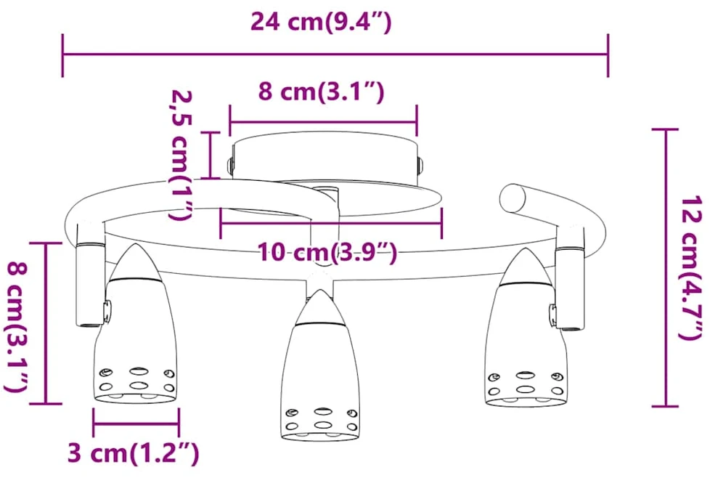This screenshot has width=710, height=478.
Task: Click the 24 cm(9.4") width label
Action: click(321, 21)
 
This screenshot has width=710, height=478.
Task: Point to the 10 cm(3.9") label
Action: click(327, 252)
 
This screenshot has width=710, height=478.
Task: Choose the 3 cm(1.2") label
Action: click(133, 453)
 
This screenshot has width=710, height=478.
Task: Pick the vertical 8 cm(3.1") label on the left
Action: click(17, 327)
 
